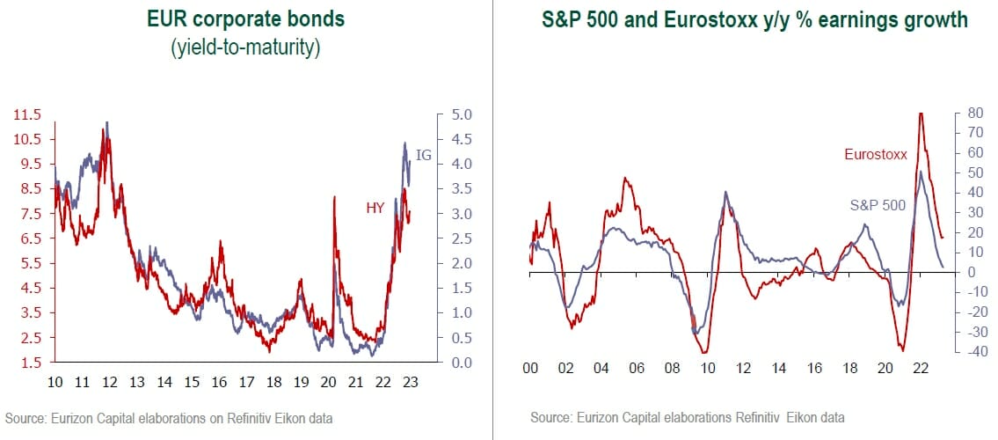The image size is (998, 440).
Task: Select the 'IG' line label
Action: point(423,155)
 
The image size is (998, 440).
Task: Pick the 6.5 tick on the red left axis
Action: point(31,238)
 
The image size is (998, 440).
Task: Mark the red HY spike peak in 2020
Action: point(335,197)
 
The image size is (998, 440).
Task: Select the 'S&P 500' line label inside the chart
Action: point(877,205)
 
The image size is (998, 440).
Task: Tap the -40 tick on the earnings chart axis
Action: point(972,352)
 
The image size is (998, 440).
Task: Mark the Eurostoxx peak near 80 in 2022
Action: point(921,114)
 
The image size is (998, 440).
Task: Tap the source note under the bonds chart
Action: point(171,416)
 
